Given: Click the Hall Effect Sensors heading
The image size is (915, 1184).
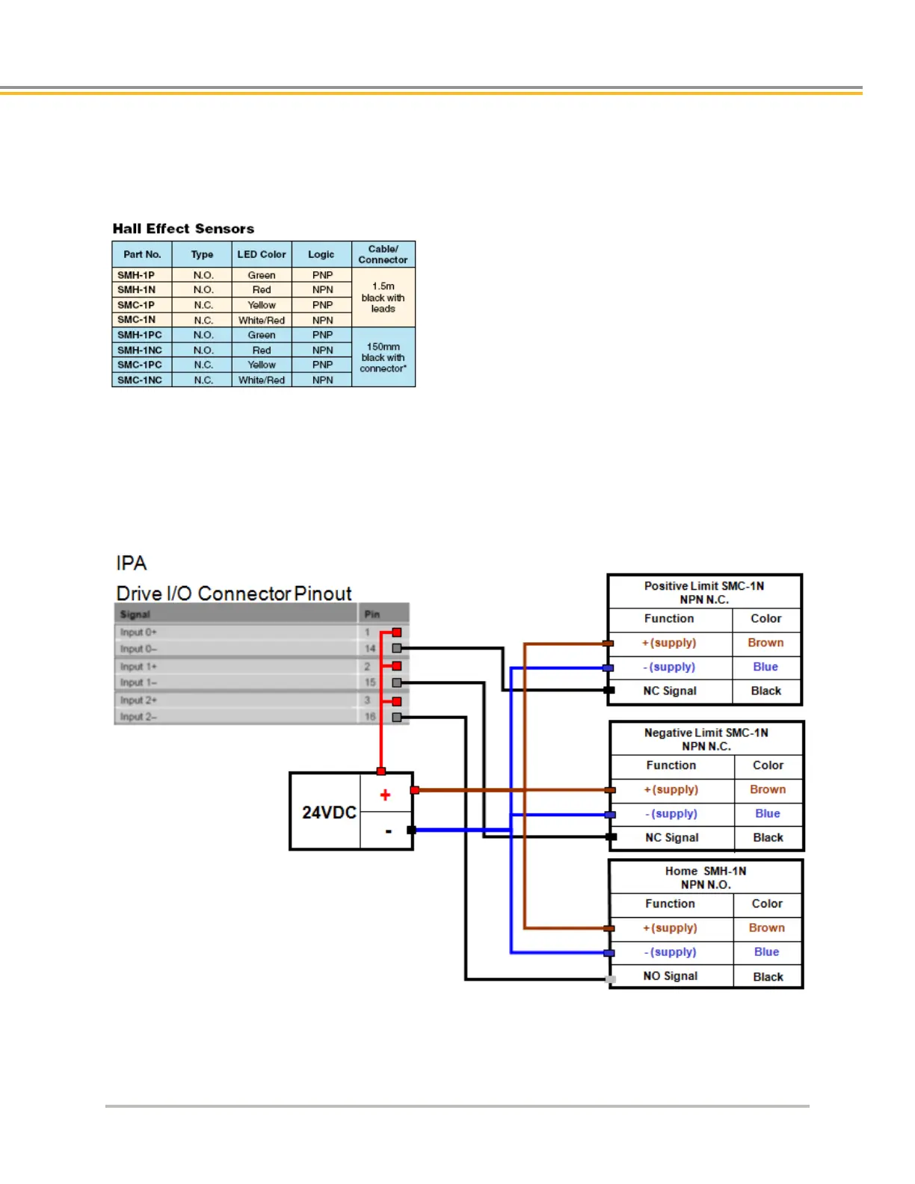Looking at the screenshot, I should (183, 229).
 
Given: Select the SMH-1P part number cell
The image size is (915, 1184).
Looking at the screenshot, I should (136, 275).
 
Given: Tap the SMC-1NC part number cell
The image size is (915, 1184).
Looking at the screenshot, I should (140, 380).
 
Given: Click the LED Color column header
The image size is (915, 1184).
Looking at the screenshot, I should (262, 254).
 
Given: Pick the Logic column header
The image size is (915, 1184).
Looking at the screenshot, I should (321, 254).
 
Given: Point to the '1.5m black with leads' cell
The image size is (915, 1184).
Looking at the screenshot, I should (383, 297).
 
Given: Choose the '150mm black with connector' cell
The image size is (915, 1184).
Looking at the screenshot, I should (383, 357).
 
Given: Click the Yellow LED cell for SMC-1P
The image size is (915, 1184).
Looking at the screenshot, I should (262, 305).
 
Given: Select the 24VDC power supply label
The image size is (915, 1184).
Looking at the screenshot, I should (329, 813).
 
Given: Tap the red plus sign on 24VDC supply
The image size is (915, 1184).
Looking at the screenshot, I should (385, 795).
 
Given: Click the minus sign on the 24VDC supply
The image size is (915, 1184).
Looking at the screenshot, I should (388, 831).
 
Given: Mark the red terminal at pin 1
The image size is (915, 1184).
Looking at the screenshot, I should (397, 632).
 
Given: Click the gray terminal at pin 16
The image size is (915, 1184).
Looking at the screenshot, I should (397, 718).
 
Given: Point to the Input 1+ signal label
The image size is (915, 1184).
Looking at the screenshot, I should (139, 666).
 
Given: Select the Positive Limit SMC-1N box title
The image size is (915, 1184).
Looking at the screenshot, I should (704, 593).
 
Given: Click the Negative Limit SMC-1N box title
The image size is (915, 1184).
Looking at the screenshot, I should (706, 739).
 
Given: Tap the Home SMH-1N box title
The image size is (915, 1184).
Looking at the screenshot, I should (706, 878).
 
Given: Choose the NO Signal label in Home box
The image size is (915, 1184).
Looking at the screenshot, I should (671, 976).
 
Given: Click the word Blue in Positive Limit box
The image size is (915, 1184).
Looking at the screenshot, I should (765, 667).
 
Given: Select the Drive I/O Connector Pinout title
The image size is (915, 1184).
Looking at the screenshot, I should (234, 593).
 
